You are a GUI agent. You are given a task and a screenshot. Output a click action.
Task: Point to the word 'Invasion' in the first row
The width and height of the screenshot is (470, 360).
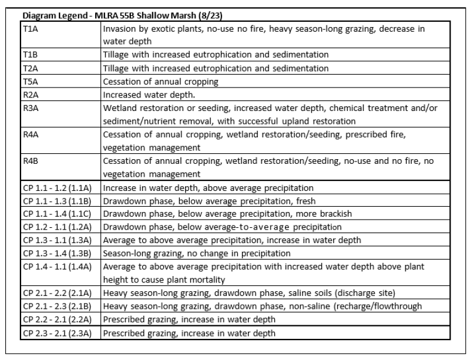click(x=119, y=29)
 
